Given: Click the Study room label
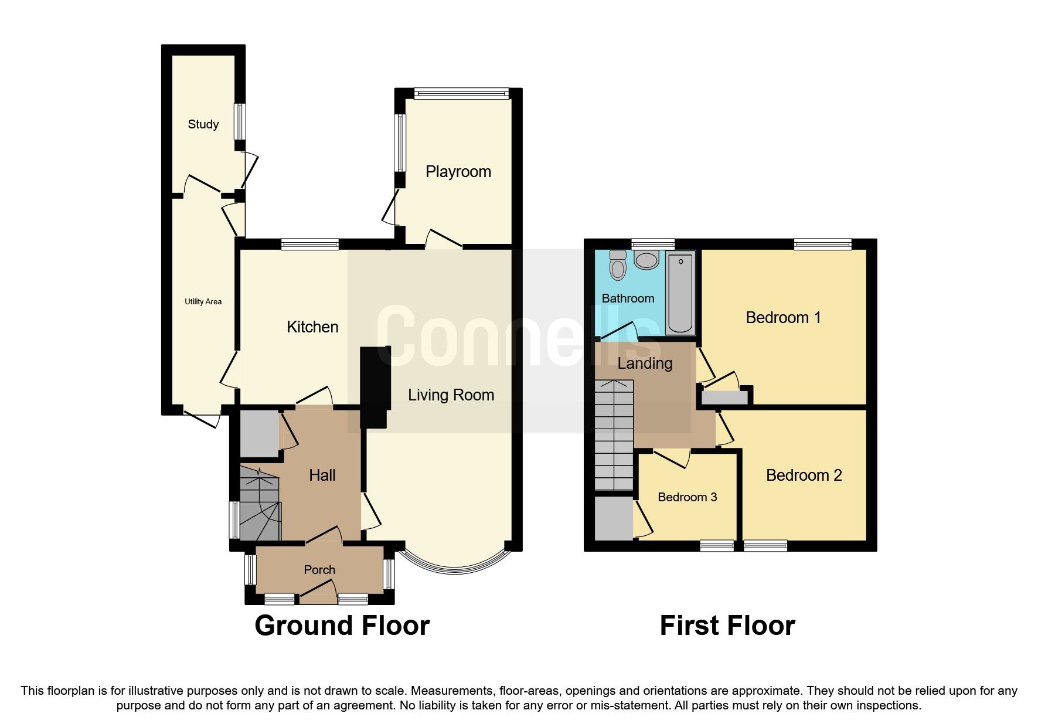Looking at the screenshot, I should coord(203,124).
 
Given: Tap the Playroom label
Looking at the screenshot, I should coord(458,172).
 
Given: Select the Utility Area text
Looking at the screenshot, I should coord(203,301).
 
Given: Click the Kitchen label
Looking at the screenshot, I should coord(312,327).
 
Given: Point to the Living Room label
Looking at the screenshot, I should coord(451,395).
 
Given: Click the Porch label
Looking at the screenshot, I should coord(319,570).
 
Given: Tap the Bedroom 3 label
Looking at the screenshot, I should coord(687,497).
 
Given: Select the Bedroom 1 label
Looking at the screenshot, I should coord(783,318).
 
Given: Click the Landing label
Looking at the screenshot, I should coord(645,363).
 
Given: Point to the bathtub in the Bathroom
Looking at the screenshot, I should coord(680,293).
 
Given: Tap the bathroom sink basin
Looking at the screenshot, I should coord(646,260).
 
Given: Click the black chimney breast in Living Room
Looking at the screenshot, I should coord(374,387).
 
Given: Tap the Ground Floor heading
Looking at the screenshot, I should coord(342,626).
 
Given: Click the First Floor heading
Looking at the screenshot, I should coord(727,626).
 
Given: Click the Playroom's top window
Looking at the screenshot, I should coord(461,93).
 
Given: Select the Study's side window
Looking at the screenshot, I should coord(239,121).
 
